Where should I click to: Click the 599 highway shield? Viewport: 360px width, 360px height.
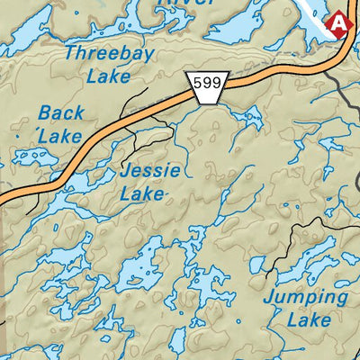click(x=207, y=85)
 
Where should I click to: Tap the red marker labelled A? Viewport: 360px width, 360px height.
click(x=338, y=23)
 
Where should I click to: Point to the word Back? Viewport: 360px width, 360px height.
click(x=61, y=114)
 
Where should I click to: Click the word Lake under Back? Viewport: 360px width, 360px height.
click(x=60, y=137)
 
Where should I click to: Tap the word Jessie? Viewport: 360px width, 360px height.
click(x=150, y=171)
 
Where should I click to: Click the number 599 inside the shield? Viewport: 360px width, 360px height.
click(x=207, y=83)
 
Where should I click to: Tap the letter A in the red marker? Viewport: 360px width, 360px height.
click(x=338, y=23)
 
